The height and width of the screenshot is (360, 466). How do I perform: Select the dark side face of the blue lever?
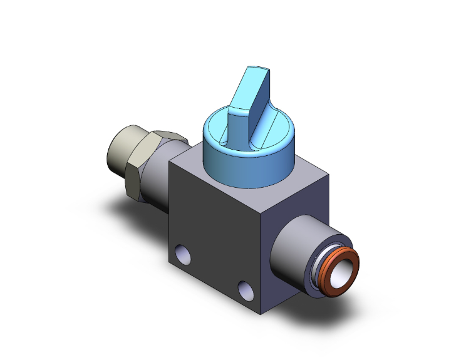pos(263,100)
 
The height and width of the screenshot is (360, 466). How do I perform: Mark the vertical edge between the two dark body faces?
pos(263,250)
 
